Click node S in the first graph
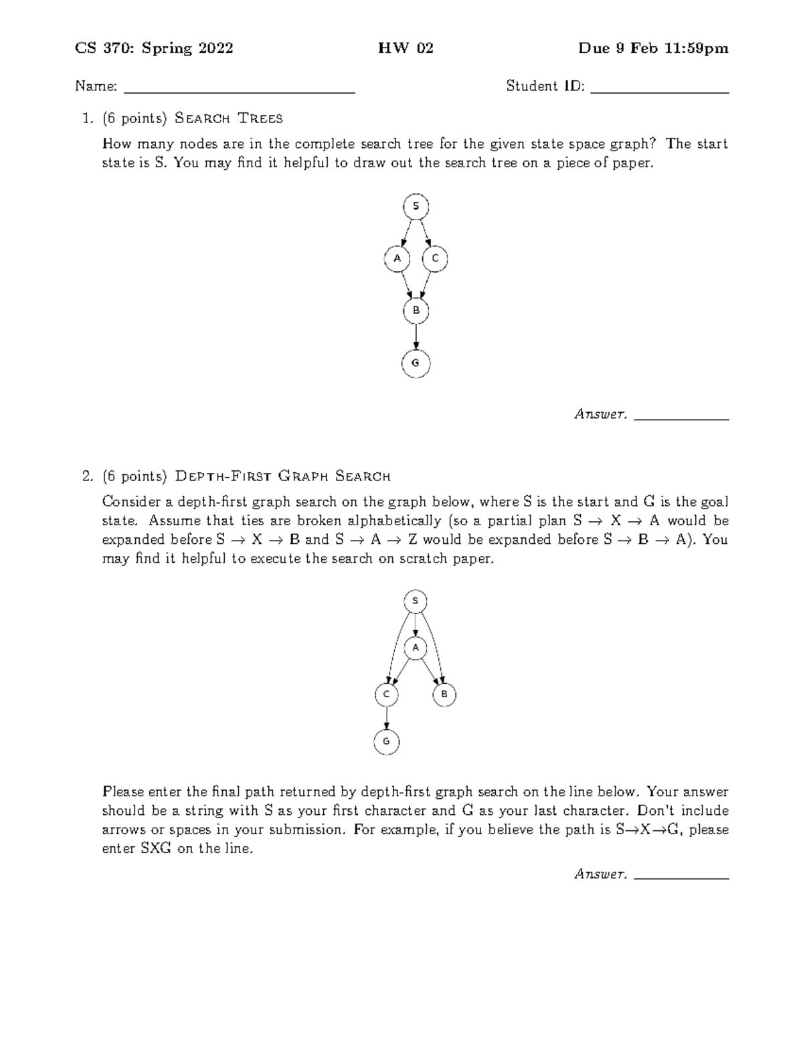click(x=416, y=206)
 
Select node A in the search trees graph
click(x=397, y=258)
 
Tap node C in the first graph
click(x=435, y=258)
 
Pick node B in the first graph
click(x=416, y=310)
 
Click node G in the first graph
click(x=416, y=363)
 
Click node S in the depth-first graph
click(x=416, y=601)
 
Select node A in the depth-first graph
click(x=416, y=648)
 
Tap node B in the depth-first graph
click(x=444, y=695)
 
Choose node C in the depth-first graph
click(x=386, y=695)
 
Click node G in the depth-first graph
click(x=386, y=742)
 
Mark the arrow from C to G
click(x=386, y=719)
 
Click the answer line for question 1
click(x=681, y=419)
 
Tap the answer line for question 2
click(x=681, y=878)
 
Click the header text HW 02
click(x=406, y=48)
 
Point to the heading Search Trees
click(x=228, y=118)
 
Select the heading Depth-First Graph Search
click(x=282, y=476)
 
